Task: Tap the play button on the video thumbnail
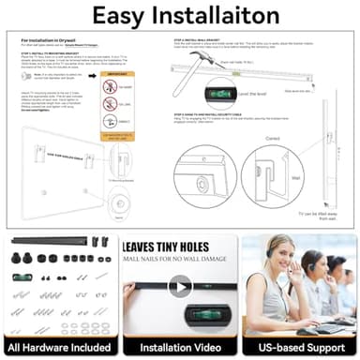[180, 287]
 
